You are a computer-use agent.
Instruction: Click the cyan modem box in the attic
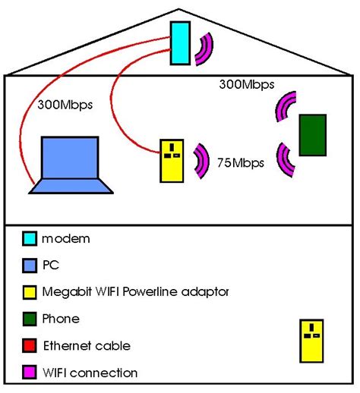point(179,42)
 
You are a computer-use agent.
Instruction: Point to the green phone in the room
point(312,134)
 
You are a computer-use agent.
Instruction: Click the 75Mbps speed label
point(240,162)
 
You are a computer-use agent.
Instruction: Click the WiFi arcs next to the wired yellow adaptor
point(202,161)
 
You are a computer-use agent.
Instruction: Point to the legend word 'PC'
point(50,266)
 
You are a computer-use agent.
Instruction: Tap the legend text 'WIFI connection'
point(90,373)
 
